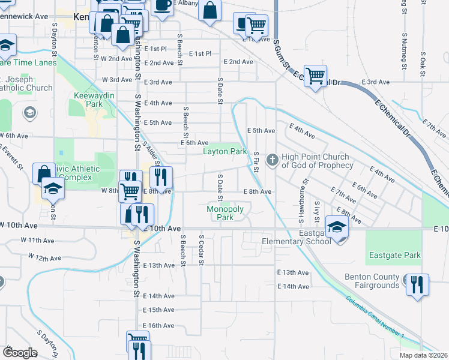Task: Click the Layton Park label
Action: (x=224, y=152)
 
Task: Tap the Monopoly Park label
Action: (x=224, y=213)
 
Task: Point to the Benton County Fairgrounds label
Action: (x=372, y=281)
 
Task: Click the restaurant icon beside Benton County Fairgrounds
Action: (x=417, y=284)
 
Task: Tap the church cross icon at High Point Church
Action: (x=273, y=160)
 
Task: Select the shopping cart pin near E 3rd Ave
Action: (x=315, y=76)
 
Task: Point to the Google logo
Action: (x=20, y=353)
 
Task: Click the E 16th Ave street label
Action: (x=158, y=325)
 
